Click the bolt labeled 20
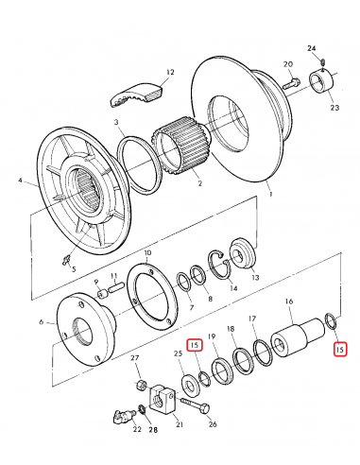293,82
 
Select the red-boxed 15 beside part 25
195,346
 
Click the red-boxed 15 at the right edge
340,349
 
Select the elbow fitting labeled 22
122,417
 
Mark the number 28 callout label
153,430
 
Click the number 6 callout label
43,322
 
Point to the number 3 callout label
117,123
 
